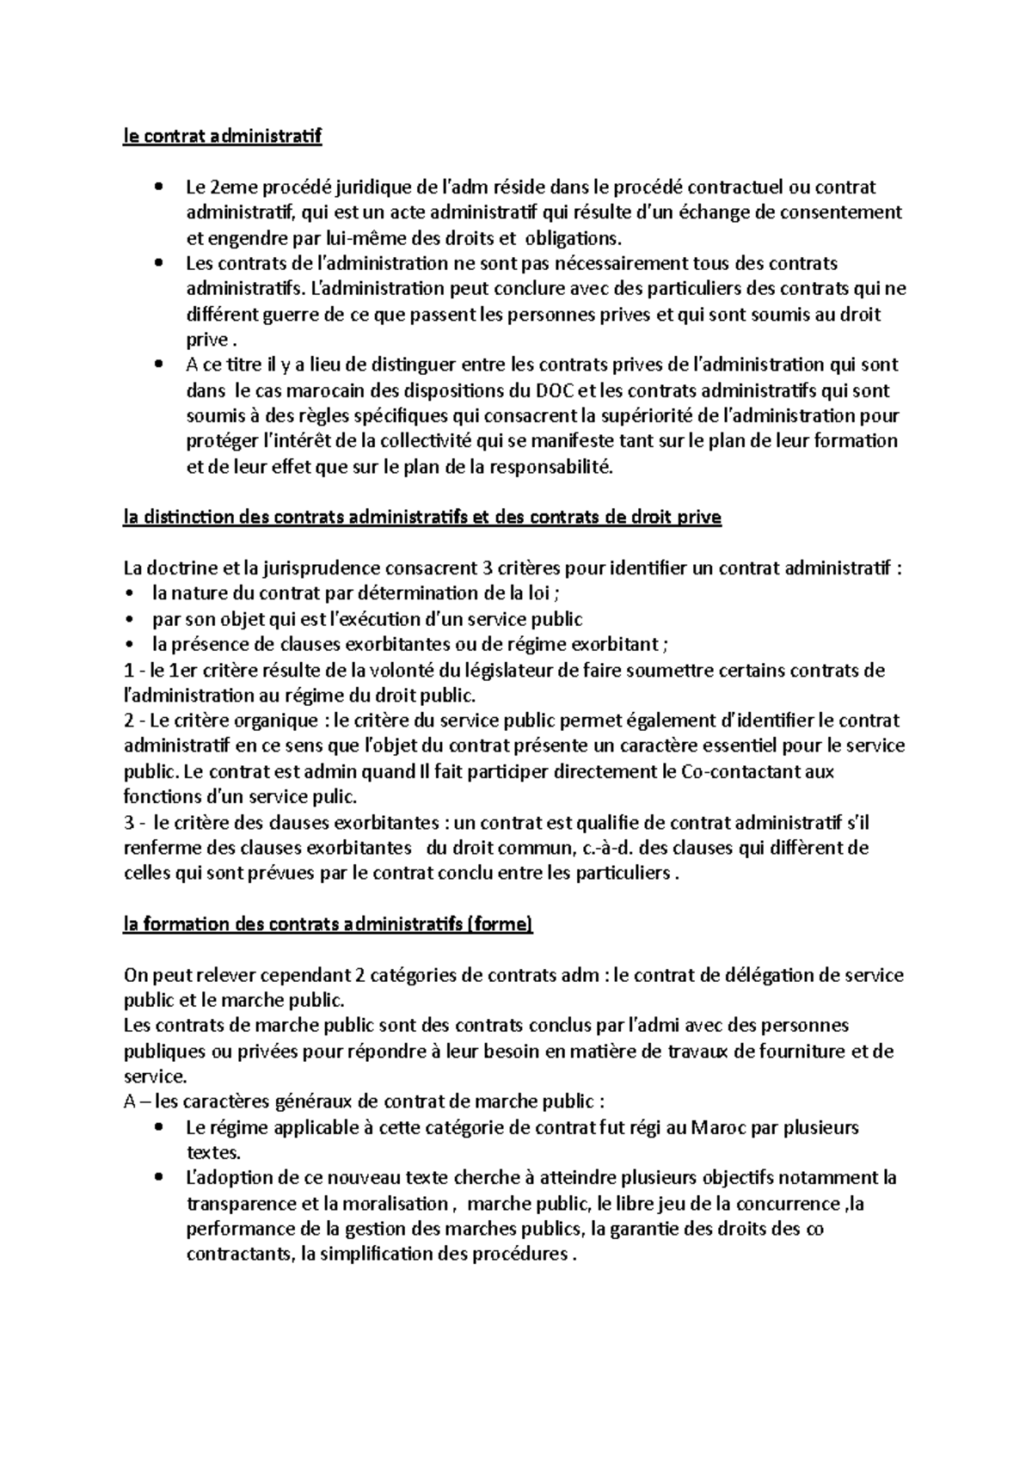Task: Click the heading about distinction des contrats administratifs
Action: [422, 518]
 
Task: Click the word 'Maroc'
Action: [718, 1127]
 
